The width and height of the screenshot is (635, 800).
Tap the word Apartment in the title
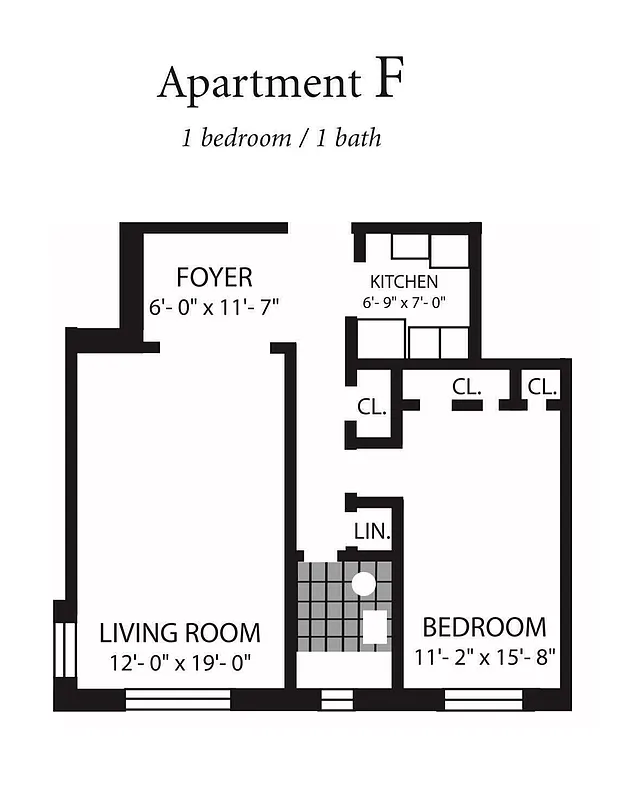click(x=258, y=84)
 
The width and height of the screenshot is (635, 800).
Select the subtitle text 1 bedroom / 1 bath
click(x=281, y=138)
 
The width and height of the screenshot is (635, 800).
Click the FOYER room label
click(x=214, y=276)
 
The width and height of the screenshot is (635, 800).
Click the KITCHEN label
click(x=404, y=282)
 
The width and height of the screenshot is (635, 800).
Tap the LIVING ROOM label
click(x=180, y=632)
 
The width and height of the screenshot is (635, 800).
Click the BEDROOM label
click(x=485, y=627)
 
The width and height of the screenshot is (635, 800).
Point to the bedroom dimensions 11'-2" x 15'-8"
click(x=485, y=657)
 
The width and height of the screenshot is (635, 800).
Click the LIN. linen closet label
click(x=371, y=530)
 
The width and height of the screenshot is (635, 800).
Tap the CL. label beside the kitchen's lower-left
click(x=373, y=407)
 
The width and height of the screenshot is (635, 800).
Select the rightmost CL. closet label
click(x=543, y=386)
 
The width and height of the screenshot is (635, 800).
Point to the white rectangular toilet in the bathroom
click(x=374, y=627)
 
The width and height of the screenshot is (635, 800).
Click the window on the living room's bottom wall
click(x=178, y=698)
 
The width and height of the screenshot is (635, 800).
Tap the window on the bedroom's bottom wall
click(x=483, y=698)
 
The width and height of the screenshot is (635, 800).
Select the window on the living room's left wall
click(x=64, y=650)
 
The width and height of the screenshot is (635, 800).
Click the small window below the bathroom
click(x=337, y=698)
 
